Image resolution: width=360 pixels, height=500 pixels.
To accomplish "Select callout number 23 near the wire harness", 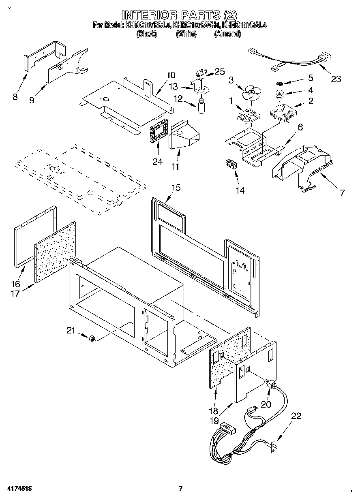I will (x=336, y=79).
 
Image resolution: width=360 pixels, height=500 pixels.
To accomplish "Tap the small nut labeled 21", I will (x=92, y=338).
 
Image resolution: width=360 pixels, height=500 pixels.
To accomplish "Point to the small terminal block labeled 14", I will (x=231, y=166).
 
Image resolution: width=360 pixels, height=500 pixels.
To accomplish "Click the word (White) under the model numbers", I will (x=186, y=34).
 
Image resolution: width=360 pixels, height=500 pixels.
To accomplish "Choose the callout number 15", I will (x=176, y=188).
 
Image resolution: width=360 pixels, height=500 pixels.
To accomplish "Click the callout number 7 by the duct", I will (x=342, y=193).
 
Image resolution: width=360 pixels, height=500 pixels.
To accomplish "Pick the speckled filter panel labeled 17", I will (x=55, y=252).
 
